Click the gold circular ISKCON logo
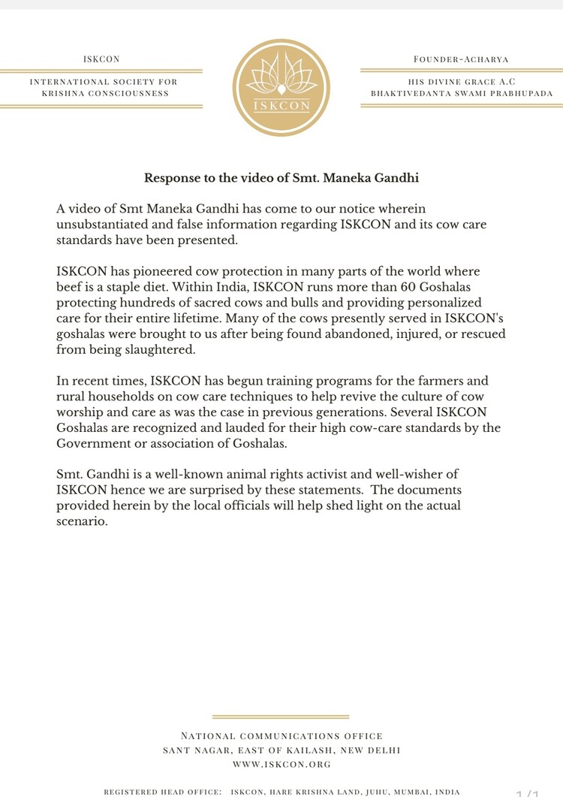pos(281,88)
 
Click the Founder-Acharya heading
pos(461,59)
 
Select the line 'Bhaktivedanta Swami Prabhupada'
pos(461,93)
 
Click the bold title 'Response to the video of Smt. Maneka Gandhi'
pos(281,179)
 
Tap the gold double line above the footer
pos(281,717)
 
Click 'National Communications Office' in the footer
pos(281,735)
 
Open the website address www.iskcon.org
pos(281,764)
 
